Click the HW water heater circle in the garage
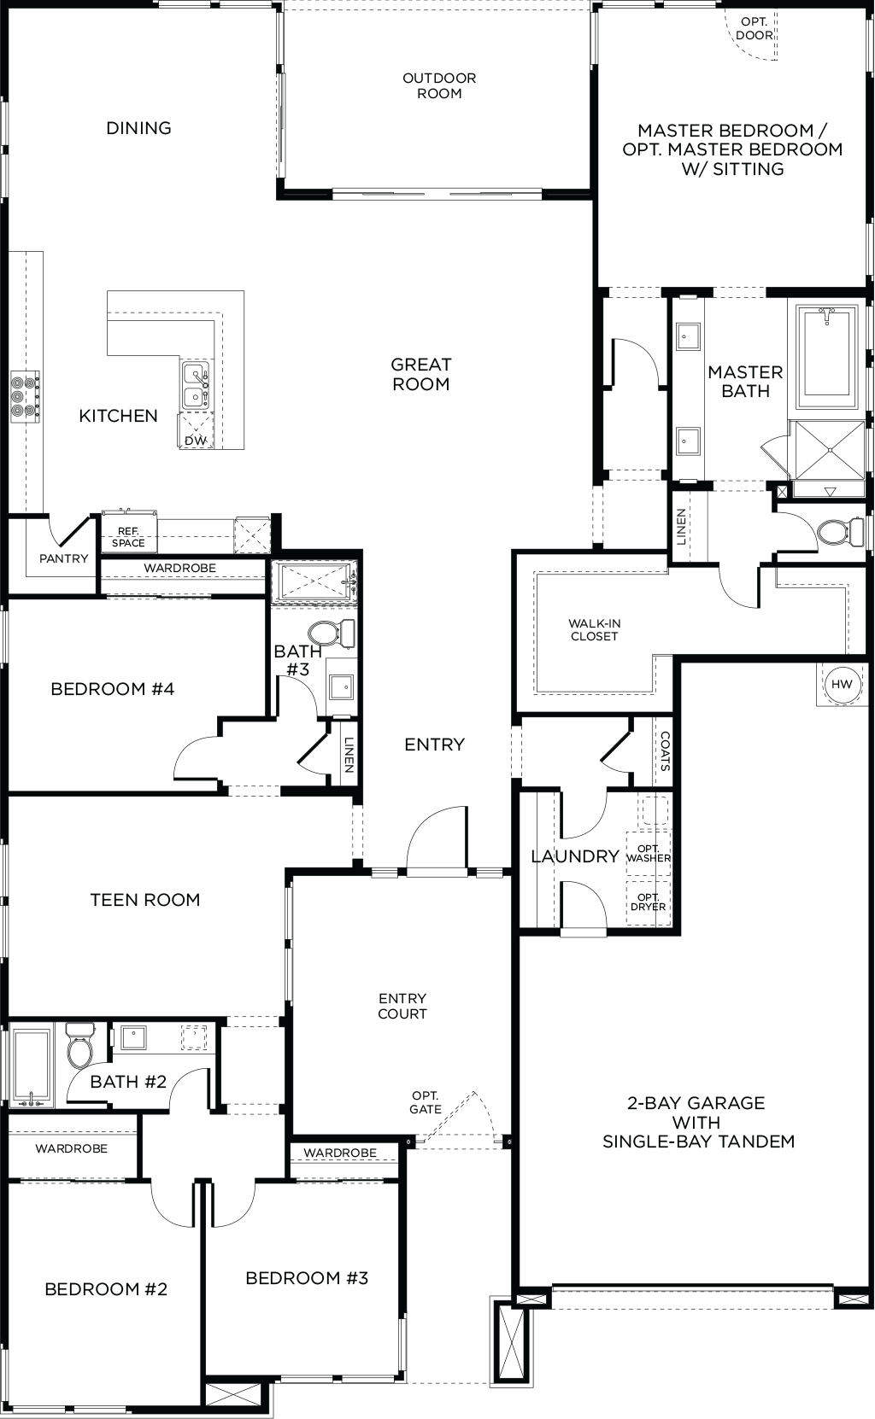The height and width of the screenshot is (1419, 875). pos(842,684)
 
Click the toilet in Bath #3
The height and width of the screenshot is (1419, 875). pos(329,633)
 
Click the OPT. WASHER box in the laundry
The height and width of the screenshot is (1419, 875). pos(649,853)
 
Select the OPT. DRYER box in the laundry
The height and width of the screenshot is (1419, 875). pos(649,902)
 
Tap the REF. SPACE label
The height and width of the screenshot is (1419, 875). pos(128,537)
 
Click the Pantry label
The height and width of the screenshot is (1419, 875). pos(63,558)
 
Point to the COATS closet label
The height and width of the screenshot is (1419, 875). pos(664,751)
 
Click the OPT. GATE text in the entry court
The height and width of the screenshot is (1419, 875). pos(426,1102)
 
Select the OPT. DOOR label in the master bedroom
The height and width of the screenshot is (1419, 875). pos(755,29)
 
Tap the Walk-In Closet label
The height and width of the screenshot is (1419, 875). pos(594,630)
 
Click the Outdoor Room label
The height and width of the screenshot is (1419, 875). pos(439,85)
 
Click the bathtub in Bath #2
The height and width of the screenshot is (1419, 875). pos(31,1066)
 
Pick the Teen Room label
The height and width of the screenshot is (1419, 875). pos(145,899)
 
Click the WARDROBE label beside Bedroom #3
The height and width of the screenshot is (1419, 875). pos(340,1153)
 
